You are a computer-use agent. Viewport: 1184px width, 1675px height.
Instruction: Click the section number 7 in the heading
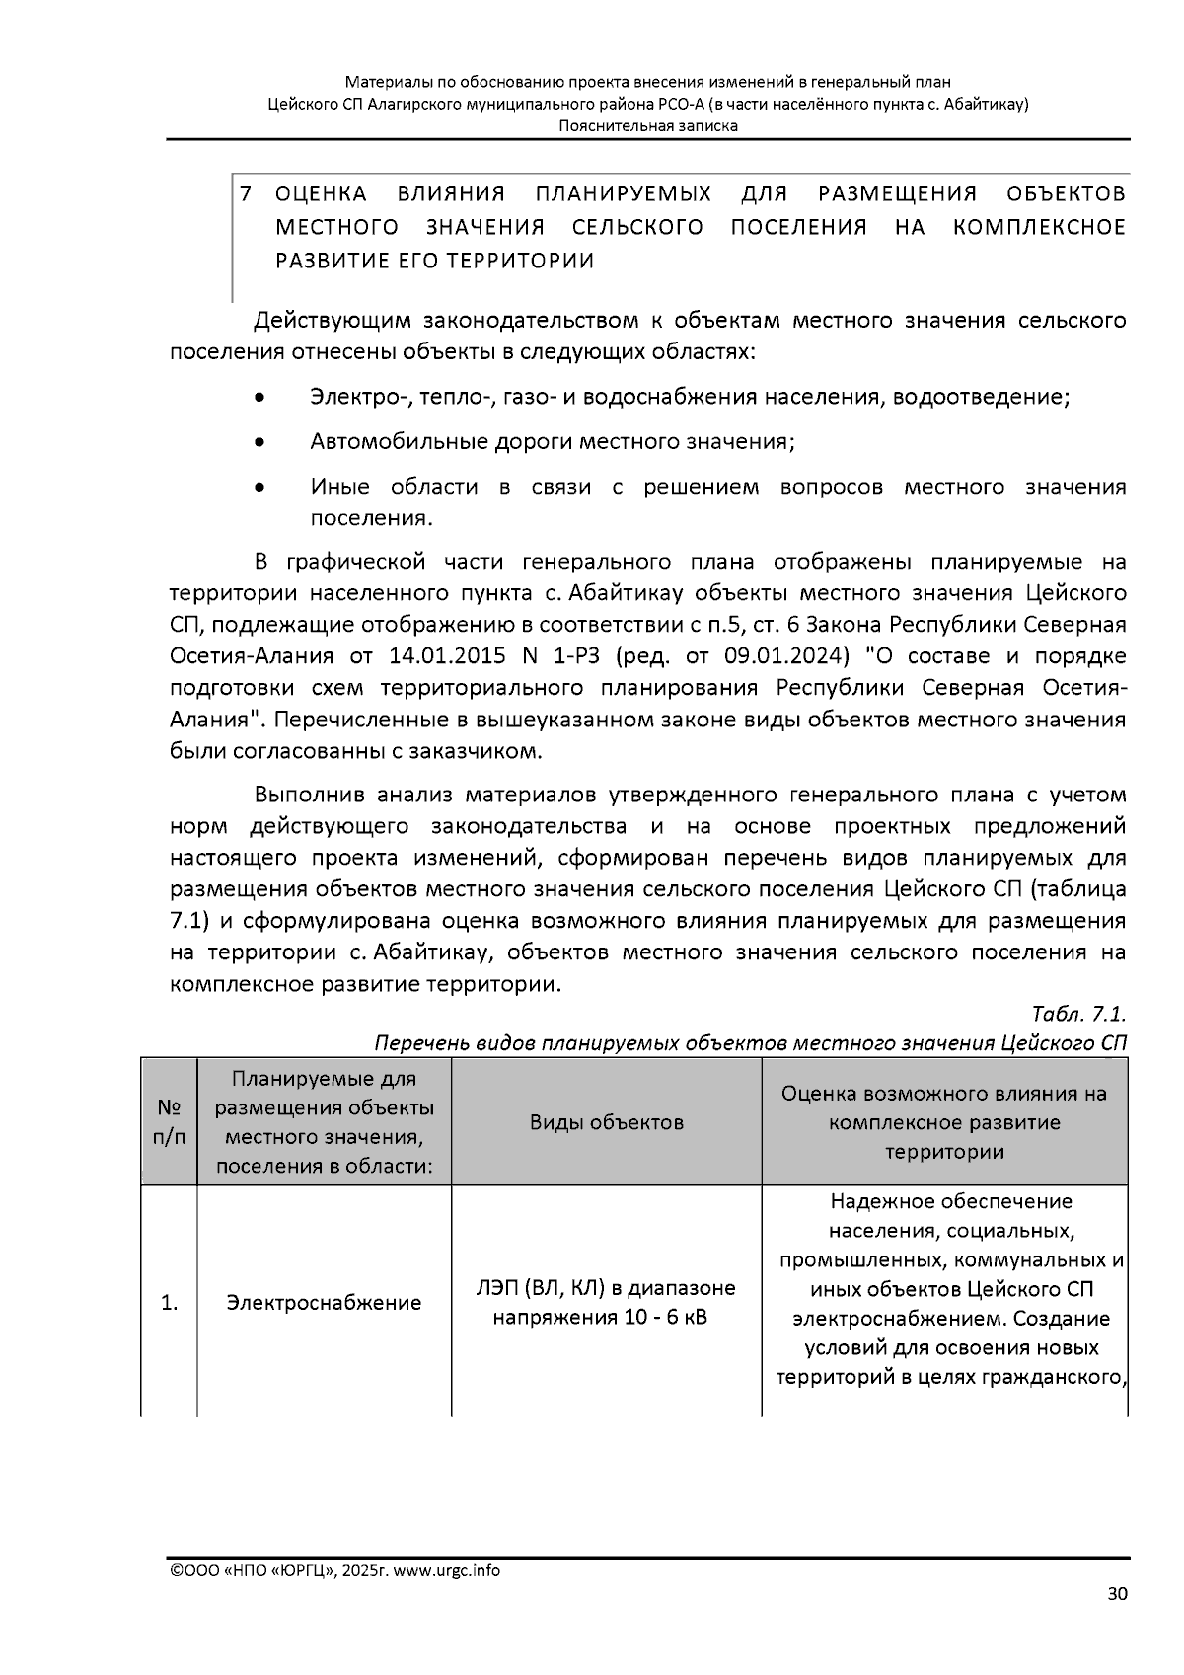pyautogui.click(x=246, y=193)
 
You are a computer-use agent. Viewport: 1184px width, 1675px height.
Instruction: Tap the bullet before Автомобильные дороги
pyautogui.click(x=259, y=443)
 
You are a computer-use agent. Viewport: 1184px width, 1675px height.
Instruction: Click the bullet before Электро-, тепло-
pyautogui.click(x=259, y=399)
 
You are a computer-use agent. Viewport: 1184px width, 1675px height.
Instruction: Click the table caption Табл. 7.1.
pyautogui.click(x=1077, y=1015)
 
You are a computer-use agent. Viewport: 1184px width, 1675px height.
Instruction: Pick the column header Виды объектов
pyautogui.click(x=606, y=1122)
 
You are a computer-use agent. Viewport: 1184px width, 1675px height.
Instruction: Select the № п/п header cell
pyautogui.click(x=170, y=1122)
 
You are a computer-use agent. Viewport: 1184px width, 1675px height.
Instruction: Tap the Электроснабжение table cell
pyautogui.click(x=324, y=1303)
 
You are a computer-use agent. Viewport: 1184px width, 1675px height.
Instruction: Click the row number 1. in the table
pyautogui.click(x=170, y=1303)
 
